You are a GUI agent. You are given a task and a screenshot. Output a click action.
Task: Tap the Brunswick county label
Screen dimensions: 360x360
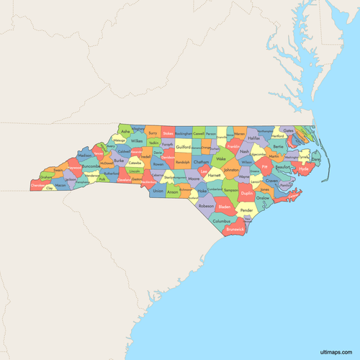pos(235,229)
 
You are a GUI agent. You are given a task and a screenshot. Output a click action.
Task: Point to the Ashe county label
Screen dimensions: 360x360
pos(126,132)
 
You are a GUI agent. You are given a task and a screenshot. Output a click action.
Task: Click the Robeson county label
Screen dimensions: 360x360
pos(206,205)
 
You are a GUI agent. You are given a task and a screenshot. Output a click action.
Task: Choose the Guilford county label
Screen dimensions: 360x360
pos(183,147)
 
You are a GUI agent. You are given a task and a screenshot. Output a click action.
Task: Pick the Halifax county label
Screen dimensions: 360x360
pos(253,138)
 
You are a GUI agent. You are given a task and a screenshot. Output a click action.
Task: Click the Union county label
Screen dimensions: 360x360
pos(158,191)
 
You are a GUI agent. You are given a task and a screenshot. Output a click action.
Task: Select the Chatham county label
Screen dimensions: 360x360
pos(201,163)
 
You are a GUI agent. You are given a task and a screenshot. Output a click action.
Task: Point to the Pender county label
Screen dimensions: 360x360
pos(247,210)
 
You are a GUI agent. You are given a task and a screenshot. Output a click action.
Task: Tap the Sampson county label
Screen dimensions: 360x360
pos(230,190)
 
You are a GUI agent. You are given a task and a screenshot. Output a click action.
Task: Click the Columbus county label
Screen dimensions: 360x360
pos(222,221)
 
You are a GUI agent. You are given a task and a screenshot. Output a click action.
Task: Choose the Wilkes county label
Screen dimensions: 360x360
pos(136,142)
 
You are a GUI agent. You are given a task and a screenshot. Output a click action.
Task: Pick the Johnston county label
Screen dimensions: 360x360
pos(231,170)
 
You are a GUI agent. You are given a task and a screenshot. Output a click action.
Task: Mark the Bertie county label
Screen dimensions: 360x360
pos(278,147)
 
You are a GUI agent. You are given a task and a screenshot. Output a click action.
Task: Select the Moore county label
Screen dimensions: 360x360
pos(194,179)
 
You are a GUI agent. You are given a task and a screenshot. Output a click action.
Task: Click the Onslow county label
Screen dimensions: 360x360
pos(263,197)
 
